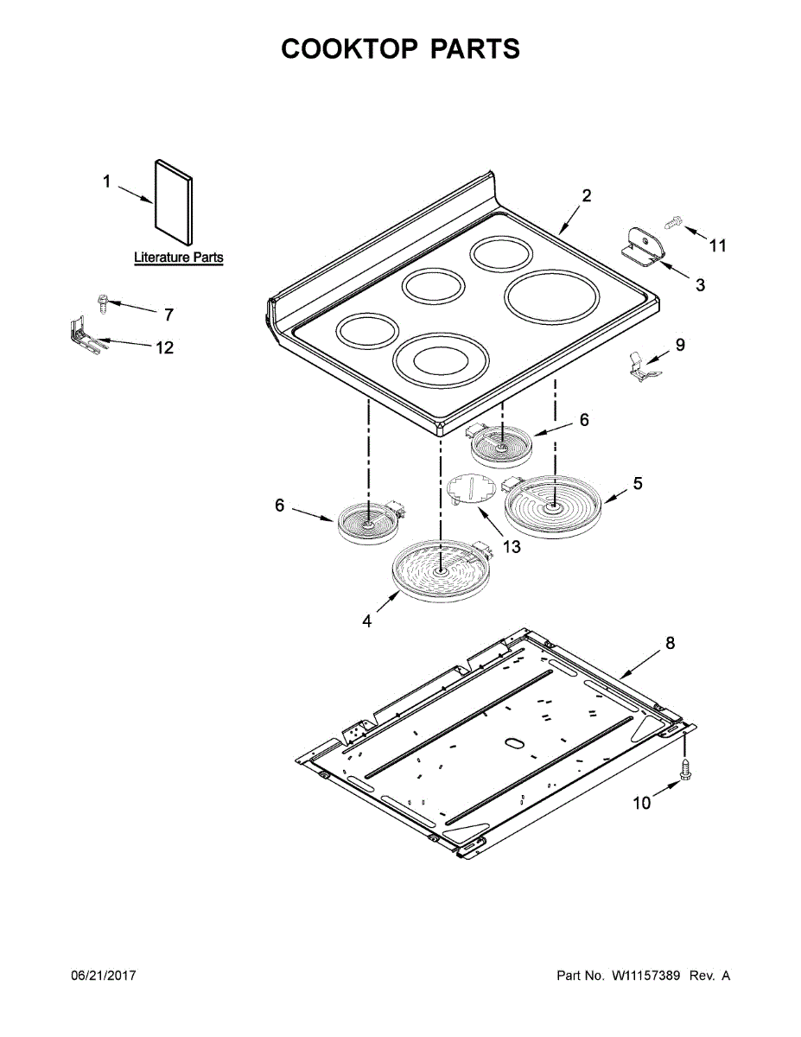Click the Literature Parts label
click(178, 258)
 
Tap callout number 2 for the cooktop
click(587, 195)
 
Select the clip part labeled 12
click(83, 337)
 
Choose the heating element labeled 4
click(440, 569)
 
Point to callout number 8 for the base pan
click(670, 643)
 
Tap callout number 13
click(512, 546)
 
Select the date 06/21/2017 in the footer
click(103, 976)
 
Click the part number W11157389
click(648, 976)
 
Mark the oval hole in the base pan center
click(513, 742)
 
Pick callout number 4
click(367, 620)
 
